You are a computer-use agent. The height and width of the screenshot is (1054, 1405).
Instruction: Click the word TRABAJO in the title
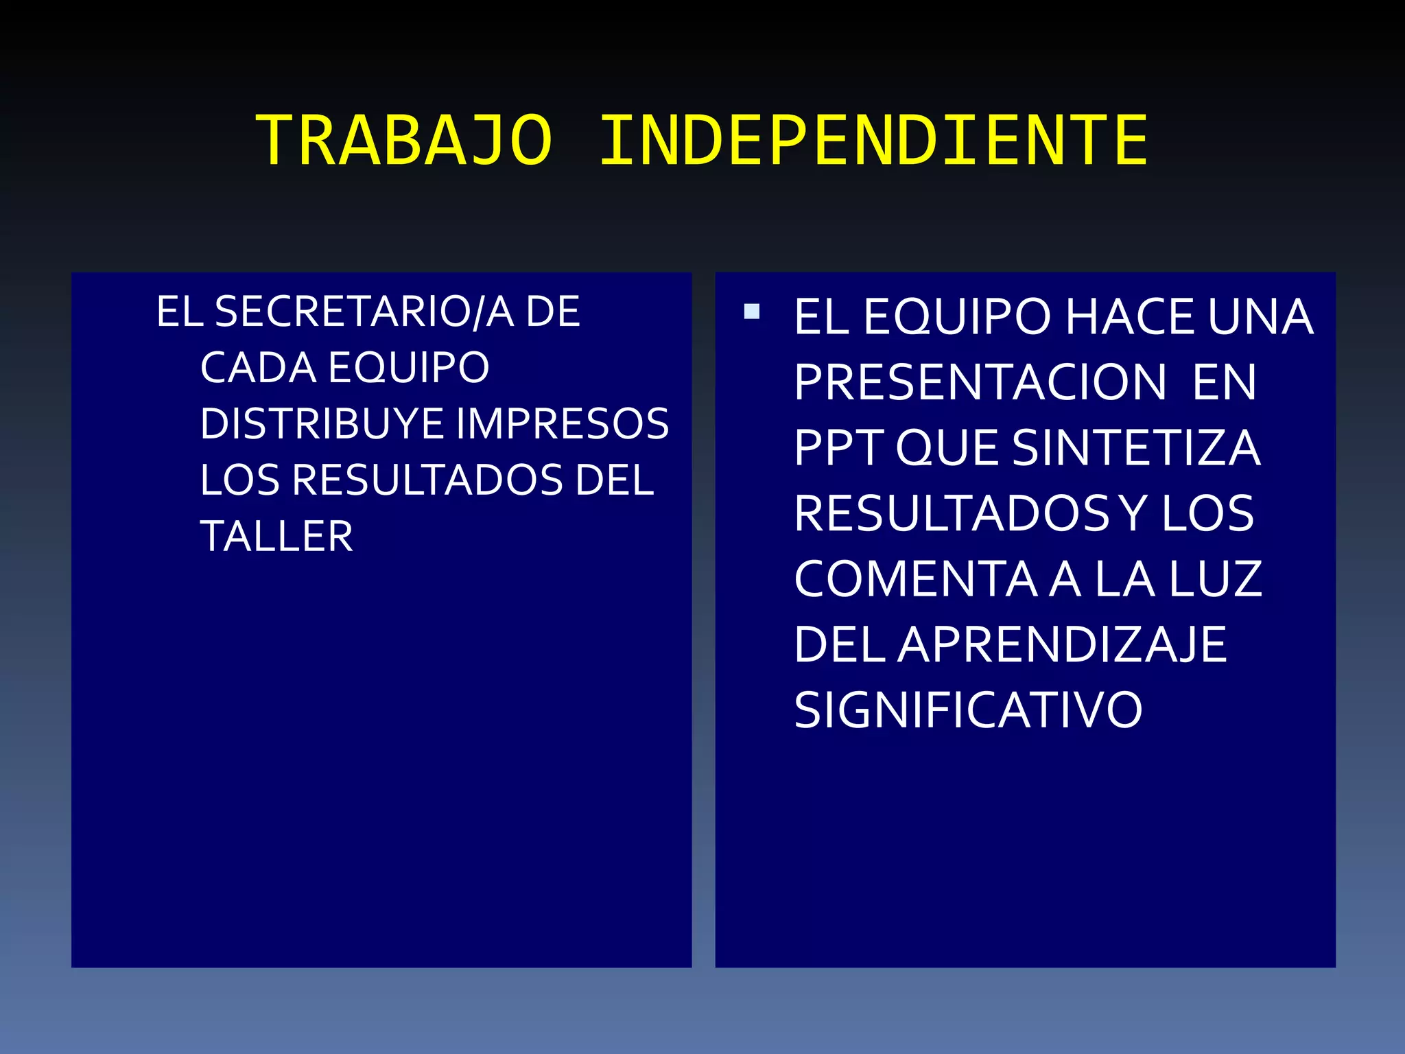click(x=403, y=141)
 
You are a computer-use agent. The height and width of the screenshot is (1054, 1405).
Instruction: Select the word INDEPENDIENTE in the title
click(x=873, y=141)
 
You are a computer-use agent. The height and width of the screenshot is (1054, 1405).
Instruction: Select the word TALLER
click(x=276, y=536)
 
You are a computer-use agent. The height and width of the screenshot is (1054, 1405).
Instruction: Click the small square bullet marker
click(x=752, y=312)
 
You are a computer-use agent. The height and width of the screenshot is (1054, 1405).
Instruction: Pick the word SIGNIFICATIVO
click(x=968, y=710)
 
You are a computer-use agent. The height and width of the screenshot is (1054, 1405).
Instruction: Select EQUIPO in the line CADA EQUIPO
click(x=409, y=368)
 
